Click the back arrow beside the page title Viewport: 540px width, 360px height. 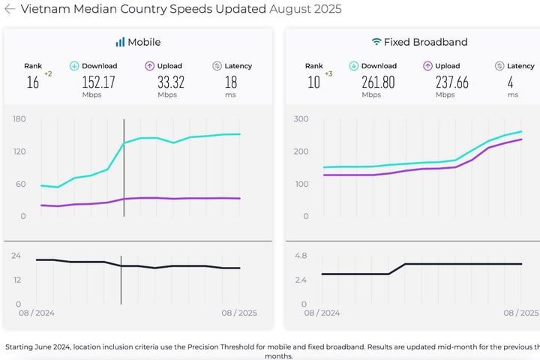[x=10, y=10]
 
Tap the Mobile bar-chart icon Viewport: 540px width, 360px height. [x=120, y=42]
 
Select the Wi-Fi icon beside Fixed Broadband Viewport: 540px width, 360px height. [x=376, y=42]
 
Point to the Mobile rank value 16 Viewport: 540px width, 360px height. [x=32, y=82]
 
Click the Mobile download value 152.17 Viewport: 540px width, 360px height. [x=98, y=82]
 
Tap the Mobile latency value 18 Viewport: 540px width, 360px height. [x=231, y=82]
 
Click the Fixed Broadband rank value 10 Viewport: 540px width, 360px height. [x=313, y=82]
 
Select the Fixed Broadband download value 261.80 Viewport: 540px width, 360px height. [x=378, y=82]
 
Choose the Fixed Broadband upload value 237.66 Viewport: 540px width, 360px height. [x=451, y=82]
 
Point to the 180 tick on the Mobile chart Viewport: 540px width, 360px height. [x=19, y=118]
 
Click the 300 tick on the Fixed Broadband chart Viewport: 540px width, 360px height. [x=301, y=118]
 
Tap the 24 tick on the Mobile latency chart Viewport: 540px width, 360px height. [x=16, y=255]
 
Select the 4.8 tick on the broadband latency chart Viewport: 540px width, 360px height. [x=301, y=255]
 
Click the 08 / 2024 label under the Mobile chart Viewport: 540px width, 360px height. [x=37, y=312]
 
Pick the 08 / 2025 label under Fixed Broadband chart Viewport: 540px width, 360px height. [x=520, y=312]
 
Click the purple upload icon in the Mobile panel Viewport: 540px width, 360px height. [x=150, y=66]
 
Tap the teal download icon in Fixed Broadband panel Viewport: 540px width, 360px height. [x=353, y=66]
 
